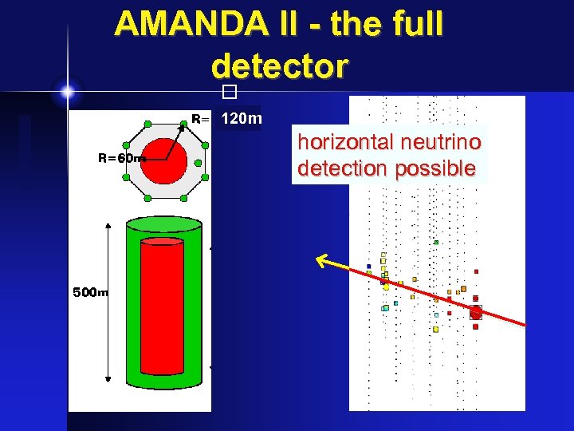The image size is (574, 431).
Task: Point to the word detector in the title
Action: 280,66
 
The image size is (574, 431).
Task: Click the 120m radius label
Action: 241,119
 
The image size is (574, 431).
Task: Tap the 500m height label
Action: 90,292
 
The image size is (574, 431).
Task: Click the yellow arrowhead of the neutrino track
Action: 320,259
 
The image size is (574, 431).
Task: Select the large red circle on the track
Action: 476,313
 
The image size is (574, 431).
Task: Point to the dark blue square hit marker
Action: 368,266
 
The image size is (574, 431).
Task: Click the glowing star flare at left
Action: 68,92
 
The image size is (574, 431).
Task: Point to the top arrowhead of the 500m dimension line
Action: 108,228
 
